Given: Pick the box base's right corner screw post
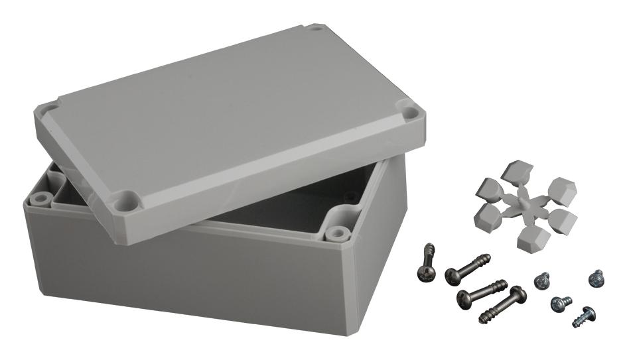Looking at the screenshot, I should tap(339, 232).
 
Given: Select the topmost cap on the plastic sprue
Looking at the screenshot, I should tap(516, 170).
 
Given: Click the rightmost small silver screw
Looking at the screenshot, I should tap(596, 278).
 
